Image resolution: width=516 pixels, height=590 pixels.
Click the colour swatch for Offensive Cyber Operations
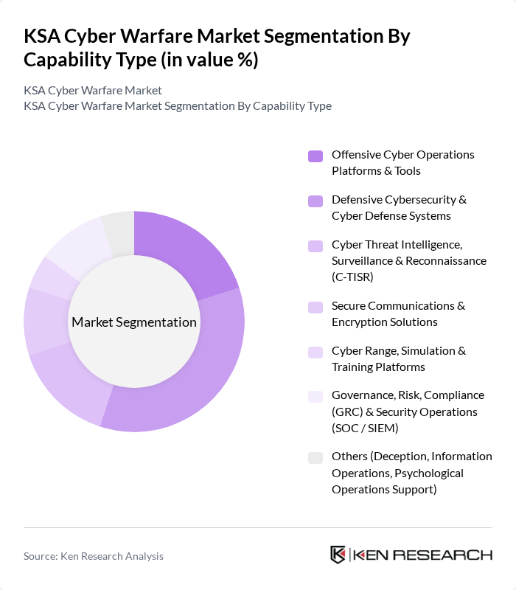tap(315, 156)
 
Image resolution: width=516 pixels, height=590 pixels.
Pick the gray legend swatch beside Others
tap(315, 458)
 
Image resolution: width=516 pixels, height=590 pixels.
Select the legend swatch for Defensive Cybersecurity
tap(315, 201)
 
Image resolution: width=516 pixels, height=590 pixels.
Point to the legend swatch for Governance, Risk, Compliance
tap(315, 396)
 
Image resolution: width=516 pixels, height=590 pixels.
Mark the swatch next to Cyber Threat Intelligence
tap(315, 246)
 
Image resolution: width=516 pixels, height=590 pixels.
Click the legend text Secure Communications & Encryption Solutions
tap(398, 314)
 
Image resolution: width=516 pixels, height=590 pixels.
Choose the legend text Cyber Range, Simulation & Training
tap(398, 359)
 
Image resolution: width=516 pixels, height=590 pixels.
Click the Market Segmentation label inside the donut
tap(134, 322)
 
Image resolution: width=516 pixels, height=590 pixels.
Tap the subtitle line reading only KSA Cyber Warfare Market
tap(93, 91)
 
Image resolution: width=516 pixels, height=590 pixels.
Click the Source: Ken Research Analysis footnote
tap(94, 556)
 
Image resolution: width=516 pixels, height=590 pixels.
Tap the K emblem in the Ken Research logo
tap(338, 555)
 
